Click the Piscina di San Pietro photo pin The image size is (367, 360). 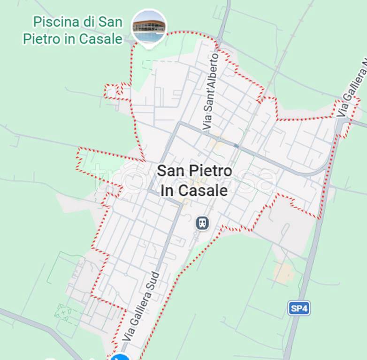[149, 28]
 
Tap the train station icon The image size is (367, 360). [202, 223]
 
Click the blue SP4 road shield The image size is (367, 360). [299, 308]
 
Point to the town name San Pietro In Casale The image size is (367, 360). [194, 180]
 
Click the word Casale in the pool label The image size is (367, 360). [100, 39]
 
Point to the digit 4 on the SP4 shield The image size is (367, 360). [305, 308]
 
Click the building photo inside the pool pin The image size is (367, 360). [149, 26]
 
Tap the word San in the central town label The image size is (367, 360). [170, 171]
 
